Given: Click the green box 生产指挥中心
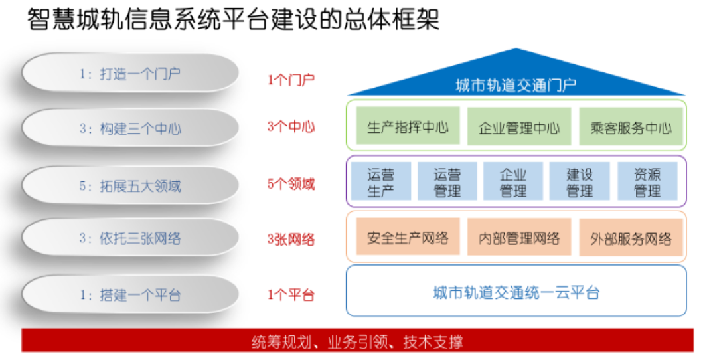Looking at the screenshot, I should point(408,126).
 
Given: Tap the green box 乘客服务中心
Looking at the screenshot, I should point(631,126).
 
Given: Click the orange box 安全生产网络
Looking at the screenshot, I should point(408,237).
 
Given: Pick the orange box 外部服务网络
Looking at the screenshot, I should point(631,237).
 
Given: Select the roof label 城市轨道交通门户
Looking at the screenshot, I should point(516,85).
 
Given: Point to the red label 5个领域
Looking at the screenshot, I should point(291,184).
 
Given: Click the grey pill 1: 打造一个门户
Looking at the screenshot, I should point(130,74).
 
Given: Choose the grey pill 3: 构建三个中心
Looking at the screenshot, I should point(130,128).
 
